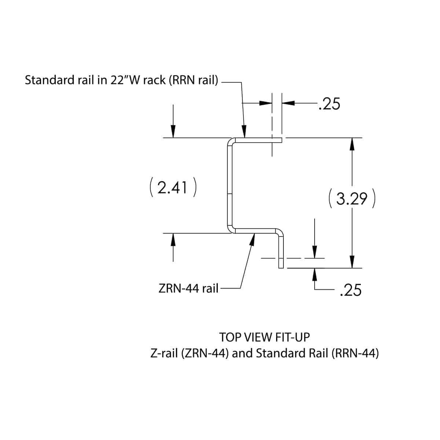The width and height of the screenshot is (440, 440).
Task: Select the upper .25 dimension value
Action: click(x=329, y=104)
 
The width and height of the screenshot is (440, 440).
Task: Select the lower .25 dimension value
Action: click(x=351, y=290)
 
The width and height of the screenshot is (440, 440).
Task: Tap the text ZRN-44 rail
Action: click(x=188, y=289)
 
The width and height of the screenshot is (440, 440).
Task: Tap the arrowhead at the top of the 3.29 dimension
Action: click(x=352, y=144)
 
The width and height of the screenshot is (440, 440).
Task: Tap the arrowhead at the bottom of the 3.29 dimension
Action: click(x=352, y=262)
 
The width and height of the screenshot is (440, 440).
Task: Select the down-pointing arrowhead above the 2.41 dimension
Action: click(x=173, y=131)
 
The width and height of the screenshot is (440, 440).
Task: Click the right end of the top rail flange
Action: click(x=281, y=139)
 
